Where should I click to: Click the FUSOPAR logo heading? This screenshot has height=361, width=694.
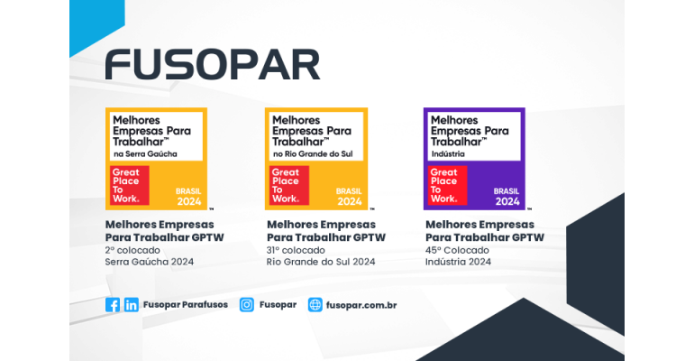point(212,64)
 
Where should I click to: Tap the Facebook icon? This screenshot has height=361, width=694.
point(113,305)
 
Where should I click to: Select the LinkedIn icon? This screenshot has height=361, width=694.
point(132,305)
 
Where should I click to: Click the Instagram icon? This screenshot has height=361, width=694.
point(246,305)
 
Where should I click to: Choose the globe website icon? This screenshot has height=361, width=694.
point(315,305)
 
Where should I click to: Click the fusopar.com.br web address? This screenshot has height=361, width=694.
point(361,305)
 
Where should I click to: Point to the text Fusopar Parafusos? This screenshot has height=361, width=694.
point(186,305)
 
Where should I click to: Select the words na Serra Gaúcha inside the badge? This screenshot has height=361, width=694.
point(145,153)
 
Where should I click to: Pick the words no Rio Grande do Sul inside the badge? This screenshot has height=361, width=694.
point(311,153)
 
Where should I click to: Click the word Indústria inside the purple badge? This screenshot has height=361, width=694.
point(448,153)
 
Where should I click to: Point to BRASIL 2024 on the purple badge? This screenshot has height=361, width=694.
point(506,196)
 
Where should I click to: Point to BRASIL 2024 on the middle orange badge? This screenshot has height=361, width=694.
point(349,196)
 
